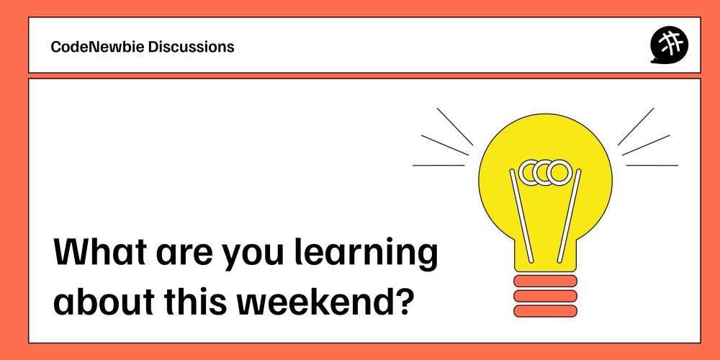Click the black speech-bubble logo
tap(669, 45)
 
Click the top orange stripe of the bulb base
tap(545, 281)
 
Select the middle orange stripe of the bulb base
tap(545, 296)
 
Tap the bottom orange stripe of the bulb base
tap(545, 311)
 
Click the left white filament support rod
tap(521, 216)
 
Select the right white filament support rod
tap(570, 216)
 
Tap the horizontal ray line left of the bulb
tap(438, 166)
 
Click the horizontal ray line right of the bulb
tap(652, 166)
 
